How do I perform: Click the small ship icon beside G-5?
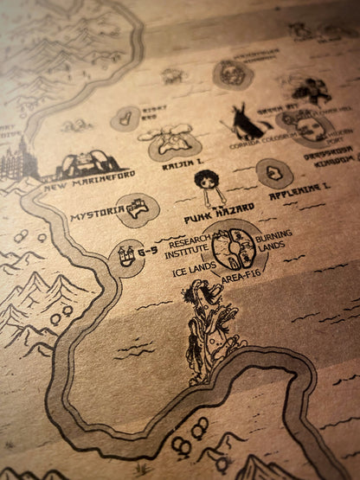pos(125,254)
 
